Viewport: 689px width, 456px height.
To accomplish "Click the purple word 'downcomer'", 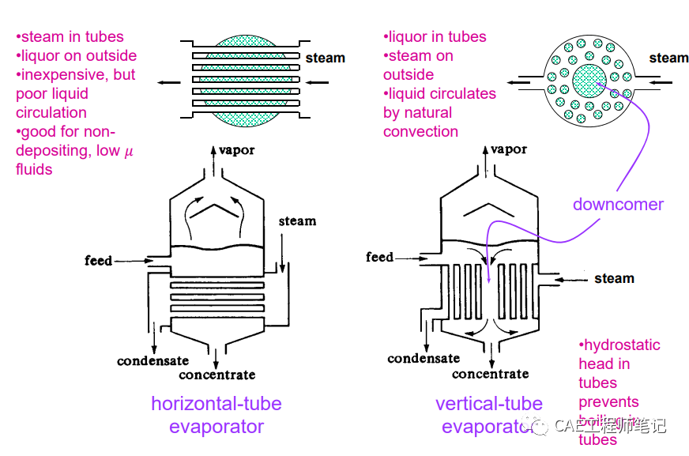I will (618, 205).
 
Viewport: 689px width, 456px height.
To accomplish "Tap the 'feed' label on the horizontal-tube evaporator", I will (99, 260).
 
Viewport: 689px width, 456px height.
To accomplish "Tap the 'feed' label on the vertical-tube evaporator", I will (379, 257).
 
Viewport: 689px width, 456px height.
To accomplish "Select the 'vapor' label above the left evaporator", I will (236, 150).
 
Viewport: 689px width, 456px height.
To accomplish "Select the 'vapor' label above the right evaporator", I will (508, 149).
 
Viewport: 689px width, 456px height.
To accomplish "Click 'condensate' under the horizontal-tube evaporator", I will (153, 361).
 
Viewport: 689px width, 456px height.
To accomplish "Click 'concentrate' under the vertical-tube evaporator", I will (490, 374).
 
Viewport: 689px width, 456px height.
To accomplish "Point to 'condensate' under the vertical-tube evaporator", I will (424, 359).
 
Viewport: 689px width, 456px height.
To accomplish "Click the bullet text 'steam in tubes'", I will (72, 37).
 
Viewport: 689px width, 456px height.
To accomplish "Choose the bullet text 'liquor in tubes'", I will (437, 37).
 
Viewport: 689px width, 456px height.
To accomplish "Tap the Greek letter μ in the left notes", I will (130, 151).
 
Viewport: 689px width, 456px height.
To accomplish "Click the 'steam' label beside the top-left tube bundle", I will (326, 58).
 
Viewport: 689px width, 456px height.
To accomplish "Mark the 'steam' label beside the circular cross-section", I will (668, 58).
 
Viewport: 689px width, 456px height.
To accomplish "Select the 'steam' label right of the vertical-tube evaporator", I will (614, 278).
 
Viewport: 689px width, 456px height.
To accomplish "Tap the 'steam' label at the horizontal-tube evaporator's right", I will (297, 221).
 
